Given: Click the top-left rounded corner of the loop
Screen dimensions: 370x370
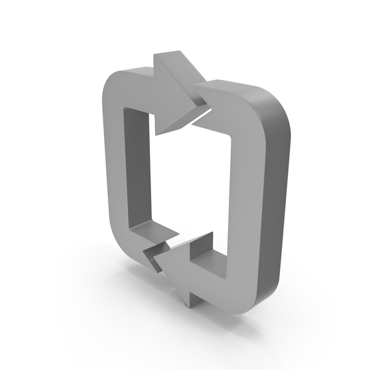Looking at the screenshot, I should pyautogui.click(x=114, y=83).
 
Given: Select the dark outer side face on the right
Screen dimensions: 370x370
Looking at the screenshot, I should pyautogui.click(x=274, y=203).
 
